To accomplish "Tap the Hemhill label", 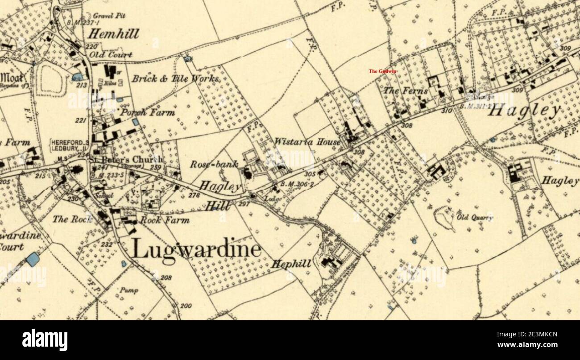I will tap(113, 34).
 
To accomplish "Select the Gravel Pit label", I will tap(109, 16).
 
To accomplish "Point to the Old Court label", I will tap(111, 55).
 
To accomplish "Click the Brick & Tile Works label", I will tap(175, 79).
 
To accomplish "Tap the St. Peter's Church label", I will tap(126, 159).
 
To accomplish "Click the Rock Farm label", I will tap(165, 220).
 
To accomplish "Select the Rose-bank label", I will tap(208, 164).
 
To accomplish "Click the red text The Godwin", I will tap(382, 71).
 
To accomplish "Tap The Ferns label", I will tap(406, 91).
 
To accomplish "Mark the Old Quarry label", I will tap(475, 218).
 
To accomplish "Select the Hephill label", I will tap(291, 264).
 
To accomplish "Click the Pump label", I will tap(128, 290).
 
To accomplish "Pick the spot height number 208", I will tap(166, 278).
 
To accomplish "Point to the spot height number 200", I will tap(186, 306).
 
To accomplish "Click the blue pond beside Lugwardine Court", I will tap(32, 259).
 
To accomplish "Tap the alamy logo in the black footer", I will tap(45, 340).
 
